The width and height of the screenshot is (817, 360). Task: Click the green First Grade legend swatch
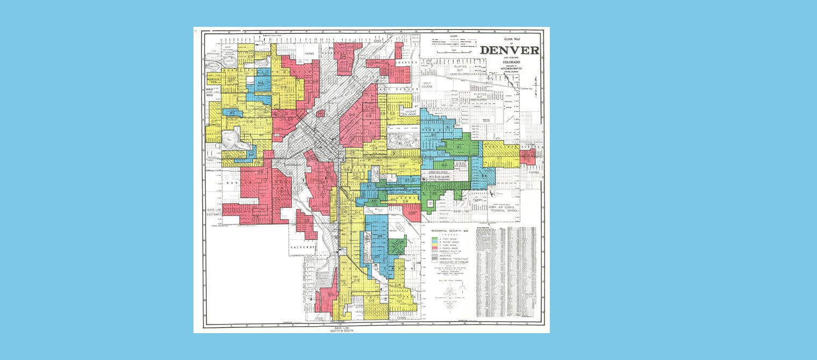tap(435, 237)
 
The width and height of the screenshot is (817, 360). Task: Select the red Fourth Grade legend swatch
tap(435, 247)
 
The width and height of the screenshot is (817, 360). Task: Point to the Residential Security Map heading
tap(451, 230)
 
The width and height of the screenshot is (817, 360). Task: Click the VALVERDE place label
tap(302, 247)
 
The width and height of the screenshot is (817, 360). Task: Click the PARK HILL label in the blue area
tap(432, 130)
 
